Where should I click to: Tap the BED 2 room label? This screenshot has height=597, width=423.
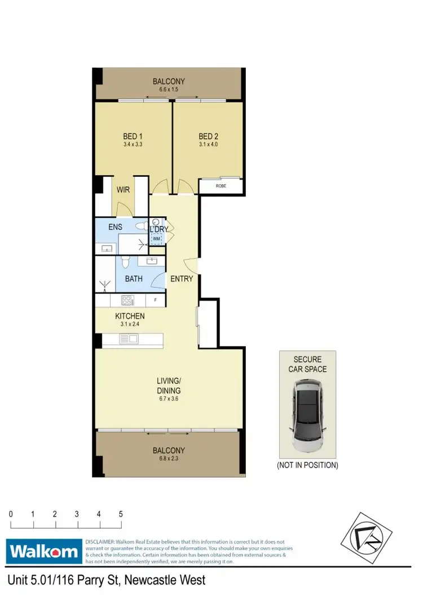click(x=208, y=136)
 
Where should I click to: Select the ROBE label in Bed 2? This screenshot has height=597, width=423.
click(x=221, y=185)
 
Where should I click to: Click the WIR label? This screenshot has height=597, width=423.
click(x=124, y=190)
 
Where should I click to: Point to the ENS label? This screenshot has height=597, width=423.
click(x=116, y=228)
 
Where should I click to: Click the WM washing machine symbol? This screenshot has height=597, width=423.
click(x=157, y=239)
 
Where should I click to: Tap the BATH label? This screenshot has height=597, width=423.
click(x=134, y=279)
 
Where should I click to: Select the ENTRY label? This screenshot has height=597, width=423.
click(x=182, y=279)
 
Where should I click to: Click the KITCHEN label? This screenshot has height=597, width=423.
click(x=130, y=316)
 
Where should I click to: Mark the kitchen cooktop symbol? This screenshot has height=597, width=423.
click(x=128, y=300)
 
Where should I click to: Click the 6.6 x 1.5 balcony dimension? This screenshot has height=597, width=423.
click(x=169, y=89)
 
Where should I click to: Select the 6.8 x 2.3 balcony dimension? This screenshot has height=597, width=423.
click(x=169, y=459)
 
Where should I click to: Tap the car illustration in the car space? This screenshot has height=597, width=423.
click(x=307, y=416)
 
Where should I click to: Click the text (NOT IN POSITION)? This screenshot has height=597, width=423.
click(x=307, y=465)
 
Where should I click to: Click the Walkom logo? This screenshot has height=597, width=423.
click(x=44, y=551)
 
